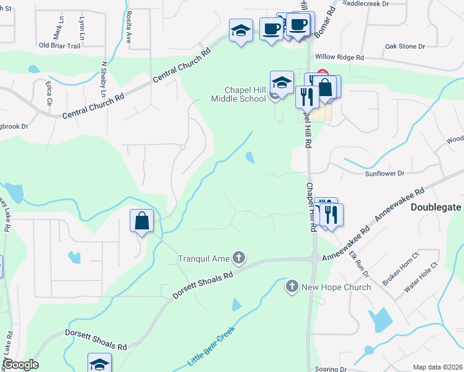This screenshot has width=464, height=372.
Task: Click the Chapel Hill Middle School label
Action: click(238, 94)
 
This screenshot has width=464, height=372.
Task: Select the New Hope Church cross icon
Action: click(292, 286)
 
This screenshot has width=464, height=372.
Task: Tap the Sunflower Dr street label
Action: click(384, 174)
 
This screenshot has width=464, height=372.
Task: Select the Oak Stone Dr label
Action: click(404, 46)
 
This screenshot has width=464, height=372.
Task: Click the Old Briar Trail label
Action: click(60, 45)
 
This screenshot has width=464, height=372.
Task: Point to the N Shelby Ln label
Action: click(104, 80)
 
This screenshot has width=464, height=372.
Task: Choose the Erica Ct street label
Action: click(48, 92)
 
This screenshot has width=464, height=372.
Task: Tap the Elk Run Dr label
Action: click(359, 263)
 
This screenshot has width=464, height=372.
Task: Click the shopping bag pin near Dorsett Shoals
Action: click(142, 221)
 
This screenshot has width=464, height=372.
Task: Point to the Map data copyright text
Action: click(437, 367)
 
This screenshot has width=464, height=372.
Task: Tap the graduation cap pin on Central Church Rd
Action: click(241, 30)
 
